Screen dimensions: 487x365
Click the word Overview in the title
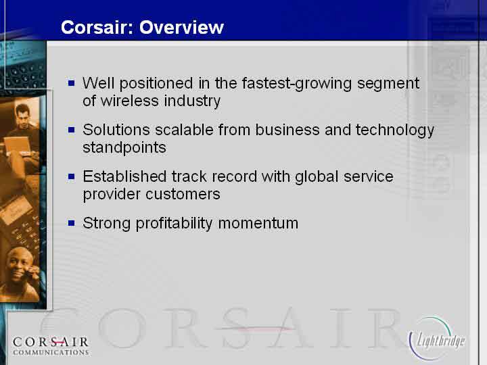click(181, 27)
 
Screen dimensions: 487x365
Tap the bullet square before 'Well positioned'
click(72, 83)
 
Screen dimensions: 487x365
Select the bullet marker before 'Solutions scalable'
click(72, 130)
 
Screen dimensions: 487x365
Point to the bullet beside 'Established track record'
click(72, 176)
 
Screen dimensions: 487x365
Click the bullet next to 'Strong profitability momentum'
click(72, 223)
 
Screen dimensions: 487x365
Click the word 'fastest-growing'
click(297, 84)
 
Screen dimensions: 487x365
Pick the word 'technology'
click(395, 130)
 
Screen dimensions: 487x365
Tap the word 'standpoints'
click(124, 148)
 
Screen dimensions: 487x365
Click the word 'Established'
click(124, 176)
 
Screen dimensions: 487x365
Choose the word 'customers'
click(183, 194)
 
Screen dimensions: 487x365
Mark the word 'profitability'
click(174, 224)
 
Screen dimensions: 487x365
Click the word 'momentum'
click(258, 224)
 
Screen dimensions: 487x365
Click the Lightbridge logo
click(438, 339)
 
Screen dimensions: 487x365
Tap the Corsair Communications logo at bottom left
click(51, 346)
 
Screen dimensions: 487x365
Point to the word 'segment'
click(388, 84)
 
